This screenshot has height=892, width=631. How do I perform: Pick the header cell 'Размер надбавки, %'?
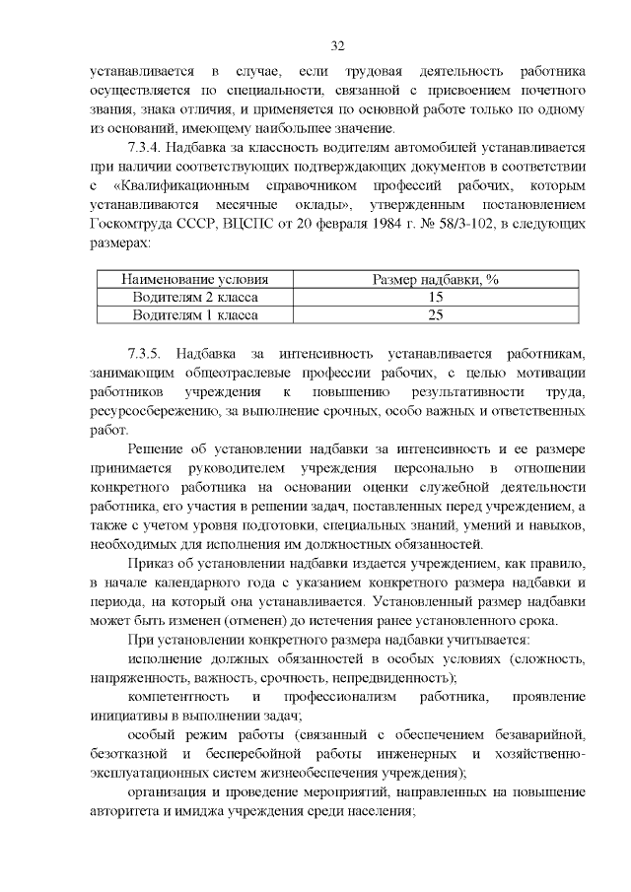tap(435, 280)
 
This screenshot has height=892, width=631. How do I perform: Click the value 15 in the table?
tap(435, 298)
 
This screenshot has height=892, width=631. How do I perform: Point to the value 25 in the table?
tap(435, 315)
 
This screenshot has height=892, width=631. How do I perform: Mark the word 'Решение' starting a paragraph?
tap(156, 448)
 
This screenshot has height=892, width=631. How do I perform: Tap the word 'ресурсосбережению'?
tap(152, 411)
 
